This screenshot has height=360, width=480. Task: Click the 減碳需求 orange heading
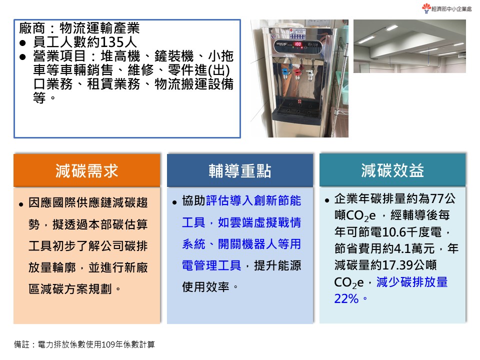(87, 171)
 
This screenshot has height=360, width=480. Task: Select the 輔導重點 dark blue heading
(240, 171)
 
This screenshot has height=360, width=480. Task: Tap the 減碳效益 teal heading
(392, 170)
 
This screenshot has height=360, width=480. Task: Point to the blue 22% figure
(346, 298)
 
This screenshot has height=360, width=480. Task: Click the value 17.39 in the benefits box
(402, 265)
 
